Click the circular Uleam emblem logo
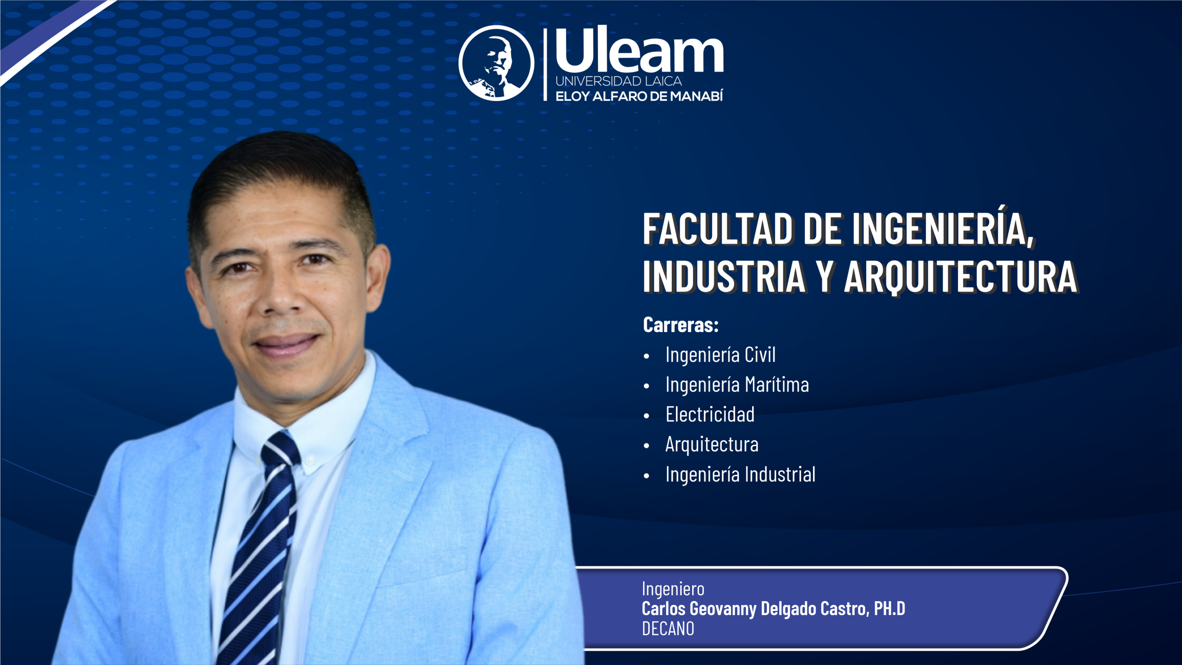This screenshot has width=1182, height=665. pos(496,63)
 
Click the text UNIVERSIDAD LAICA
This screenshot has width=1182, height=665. pos(619,81)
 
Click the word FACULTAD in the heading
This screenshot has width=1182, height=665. pos(718,229)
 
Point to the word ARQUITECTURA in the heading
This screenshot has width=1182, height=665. pos(960,277)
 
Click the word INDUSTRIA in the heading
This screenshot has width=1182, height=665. pos(724,277)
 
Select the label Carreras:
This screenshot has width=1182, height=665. pos(681,325)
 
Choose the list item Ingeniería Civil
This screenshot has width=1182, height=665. pos(720,355)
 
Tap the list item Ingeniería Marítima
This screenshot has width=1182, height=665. pos(737,385)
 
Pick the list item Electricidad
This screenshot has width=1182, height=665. pos(710,414)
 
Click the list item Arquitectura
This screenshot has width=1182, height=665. pos(712,445)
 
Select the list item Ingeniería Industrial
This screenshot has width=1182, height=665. pos(740,475)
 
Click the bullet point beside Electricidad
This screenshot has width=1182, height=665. pos(646,416)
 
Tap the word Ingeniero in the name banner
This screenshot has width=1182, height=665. pos(673,590)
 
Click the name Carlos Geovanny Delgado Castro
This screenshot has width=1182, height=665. pos(755,609)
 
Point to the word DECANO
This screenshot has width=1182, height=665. pos(668,629)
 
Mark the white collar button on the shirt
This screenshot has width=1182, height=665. pos(310,459)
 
